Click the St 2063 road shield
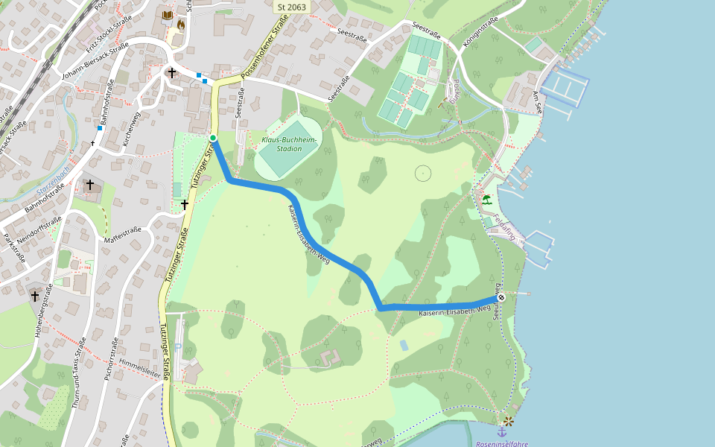(x=291, y=7)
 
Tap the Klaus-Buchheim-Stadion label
(x=289, y=145)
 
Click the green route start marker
(x=213, y=138)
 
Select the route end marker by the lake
(x=501, y=298)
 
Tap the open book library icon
(x=167, y=15)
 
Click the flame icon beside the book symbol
(x=180, y=25)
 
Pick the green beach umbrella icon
(x=486, y=200)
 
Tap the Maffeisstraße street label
(x=123, y=235)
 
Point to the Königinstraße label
(x=480, y=34)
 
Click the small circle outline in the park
(x=423, y=174)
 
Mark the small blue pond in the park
(x=404, y=345)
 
